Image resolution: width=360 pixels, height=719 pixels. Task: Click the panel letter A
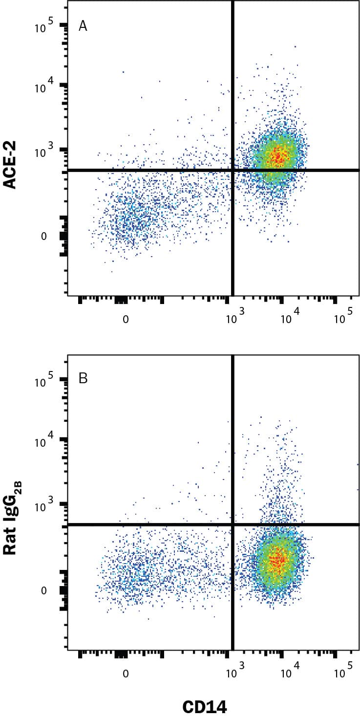[x=83, y=26]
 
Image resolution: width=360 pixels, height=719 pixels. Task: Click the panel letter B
[x=83, y=379]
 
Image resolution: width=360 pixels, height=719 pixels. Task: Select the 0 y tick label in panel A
[x=43, y=237]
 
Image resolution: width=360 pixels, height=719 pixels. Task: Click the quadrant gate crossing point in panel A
[x=233, y=170]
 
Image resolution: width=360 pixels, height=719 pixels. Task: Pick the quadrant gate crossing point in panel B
[x=233, y=524]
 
